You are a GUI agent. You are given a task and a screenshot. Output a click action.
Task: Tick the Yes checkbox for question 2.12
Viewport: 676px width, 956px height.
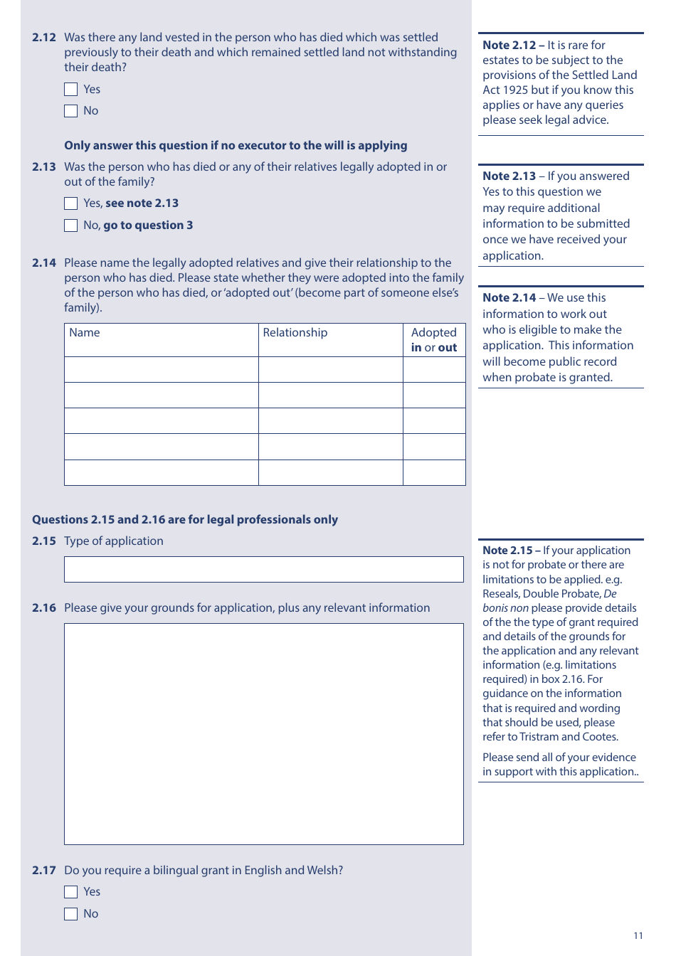pyautogui.click(x=70, y=90)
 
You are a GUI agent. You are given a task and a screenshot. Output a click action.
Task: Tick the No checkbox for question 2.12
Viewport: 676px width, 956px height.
pyautogui.click(x=70, y=111)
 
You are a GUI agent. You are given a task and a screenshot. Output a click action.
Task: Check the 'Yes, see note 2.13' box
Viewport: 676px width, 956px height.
pyautogui.click(x=70, y=203)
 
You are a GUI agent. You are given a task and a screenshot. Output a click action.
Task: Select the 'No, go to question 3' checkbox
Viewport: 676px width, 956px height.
pyautogui.click(x=70, y=225)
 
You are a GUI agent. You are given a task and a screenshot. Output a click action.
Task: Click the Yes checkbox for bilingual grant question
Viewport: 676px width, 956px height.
pyautogui.click(x=70, y=892)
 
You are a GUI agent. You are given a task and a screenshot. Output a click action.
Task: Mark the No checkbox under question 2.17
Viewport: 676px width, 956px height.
pyautogui.click(x=70, y=914)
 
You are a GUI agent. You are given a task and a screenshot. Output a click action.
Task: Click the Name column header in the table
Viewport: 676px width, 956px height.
pyautogui.click(x=85, y=333)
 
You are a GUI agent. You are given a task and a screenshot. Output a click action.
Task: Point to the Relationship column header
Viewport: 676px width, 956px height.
pyautogui.click(x=295, y=333)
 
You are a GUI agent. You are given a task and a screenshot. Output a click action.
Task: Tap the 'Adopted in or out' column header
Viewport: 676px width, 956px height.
pyautogui.click(x=434, y=340)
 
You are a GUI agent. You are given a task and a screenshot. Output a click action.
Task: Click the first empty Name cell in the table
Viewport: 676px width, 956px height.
pyautogui.click(x=162, y=370)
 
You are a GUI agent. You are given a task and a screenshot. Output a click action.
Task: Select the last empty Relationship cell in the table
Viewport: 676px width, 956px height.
pyautogui.click(x=330, y=473)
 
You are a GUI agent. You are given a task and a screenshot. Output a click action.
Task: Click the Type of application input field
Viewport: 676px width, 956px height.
pyautogui.click(x=263, y=570)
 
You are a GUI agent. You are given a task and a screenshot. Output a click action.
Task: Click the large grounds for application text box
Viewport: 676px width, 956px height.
pyautogui.click(x=263, y=734)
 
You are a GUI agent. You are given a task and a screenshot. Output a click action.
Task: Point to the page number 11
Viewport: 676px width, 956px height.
pyautogui.click(x=638, y=935)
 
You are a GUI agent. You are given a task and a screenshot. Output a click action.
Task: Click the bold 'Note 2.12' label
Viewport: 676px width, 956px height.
pyautogui.click(x=509, y=46)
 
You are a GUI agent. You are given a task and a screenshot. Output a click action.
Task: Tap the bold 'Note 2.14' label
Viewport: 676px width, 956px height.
pyautogui.click(x=509, y=298)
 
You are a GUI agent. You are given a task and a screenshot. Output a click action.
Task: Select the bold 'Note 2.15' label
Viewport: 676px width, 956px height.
pyautogui.click(x=507, y=551)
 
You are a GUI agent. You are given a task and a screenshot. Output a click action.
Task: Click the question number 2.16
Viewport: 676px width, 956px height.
pyautogui.click(x=44, y=608)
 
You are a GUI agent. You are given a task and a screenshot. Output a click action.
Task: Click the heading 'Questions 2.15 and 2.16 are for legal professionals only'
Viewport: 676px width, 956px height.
pyautogui.click(x=185, y=520)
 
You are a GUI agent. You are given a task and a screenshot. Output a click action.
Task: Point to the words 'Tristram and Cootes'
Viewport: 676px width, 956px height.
pyautogui.click(x=569, y=737)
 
